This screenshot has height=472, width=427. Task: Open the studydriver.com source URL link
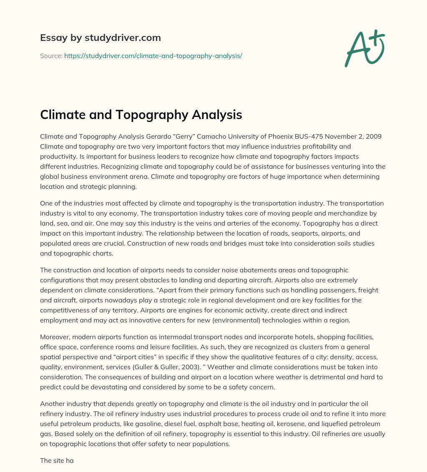tap(153, 56)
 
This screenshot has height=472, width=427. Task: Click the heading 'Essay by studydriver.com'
tap(100, 38)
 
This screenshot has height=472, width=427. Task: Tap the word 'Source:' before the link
tap(51, 56)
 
